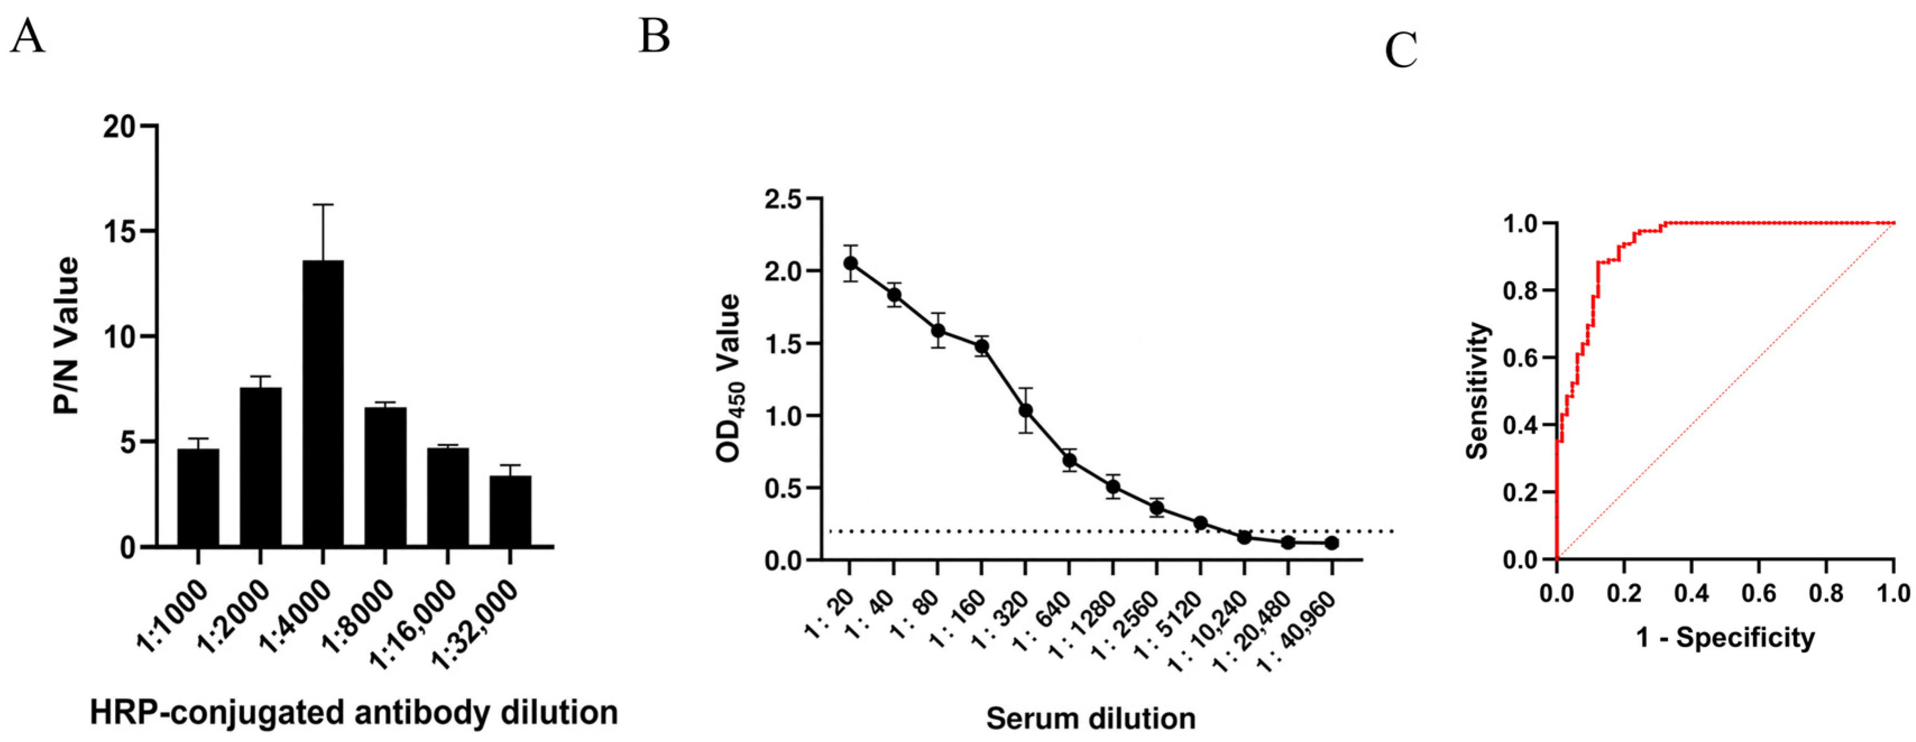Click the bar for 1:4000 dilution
click(323, 403)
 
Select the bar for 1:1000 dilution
click(198, 498)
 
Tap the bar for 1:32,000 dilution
click(510, 511)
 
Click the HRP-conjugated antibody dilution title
click(354, 712)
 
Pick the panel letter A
click(27, 36)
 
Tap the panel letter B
click(655, 36)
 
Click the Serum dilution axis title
click(1091, 718)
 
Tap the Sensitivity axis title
click(1479, 390)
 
